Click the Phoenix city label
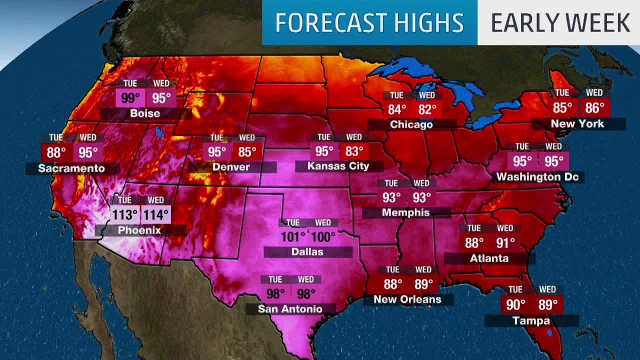pos(139,230)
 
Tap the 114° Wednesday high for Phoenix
pos(155,215)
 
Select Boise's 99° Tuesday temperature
pos(130,98)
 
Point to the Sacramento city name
pos(71,168)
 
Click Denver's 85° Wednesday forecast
pos(247,151)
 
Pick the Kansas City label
pos(338,166)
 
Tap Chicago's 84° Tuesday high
pos(396,109)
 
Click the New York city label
pos(577,123)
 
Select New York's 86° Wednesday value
pos(594,107)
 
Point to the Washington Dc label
pos(537,176)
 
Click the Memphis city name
pos(405,212)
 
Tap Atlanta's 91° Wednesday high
pos(505,243)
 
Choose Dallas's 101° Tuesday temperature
pos(293,236)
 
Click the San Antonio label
pos(290,309)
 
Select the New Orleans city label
pos(407,299)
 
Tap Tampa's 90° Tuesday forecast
pos(515,304)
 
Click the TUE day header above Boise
pos(130,83)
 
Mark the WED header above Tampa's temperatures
pos(547,289)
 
